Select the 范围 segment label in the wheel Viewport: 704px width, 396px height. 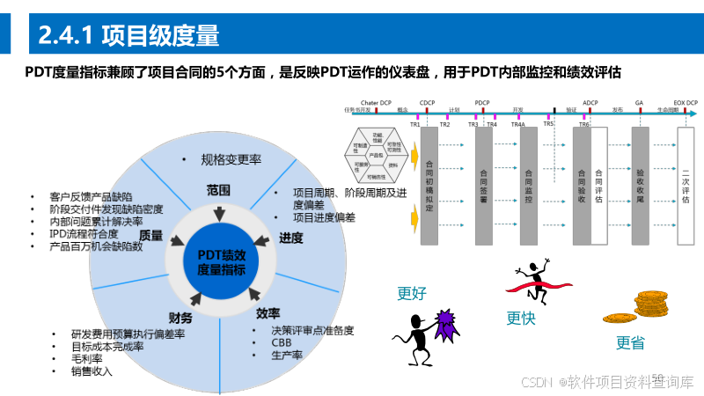pos(218,189)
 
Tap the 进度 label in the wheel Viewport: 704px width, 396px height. pos(290,238)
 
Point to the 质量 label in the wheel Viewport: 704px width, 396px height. pos(151,235)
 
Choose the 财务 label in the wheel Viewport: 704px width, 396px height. pos(180,318)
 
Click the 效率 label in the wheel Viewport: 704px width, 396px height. pos(268,313)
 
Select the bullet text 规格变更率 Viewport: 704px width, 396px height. pos(230,159)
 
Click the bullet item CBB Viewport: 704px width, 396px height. pos(281,342)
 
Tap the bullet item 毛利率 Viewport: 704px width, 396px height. pos(89,358)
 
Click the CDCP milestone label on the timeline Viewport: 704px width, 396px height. pos(428,102)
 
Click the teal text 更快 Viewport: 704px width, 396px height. pos(520,319)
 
